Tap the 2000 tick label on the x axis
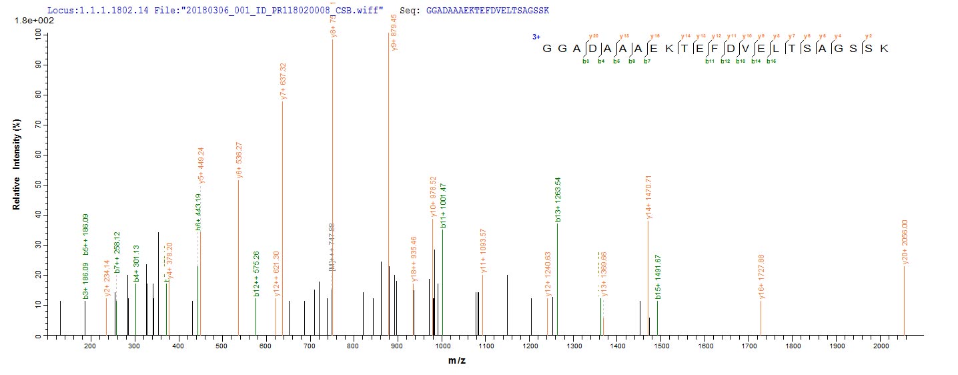(x=880, y=346)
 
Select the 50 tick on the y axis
(x=38, y=185)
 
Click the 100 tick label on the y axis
(x=36, y=35)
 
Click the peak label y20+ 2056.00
(x=905, y=242)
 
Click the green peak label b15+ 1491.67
(x=658, y=277)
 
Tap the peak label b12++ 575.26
(x=256, y=274)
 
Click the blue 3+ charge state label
(x=536, y=37)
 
